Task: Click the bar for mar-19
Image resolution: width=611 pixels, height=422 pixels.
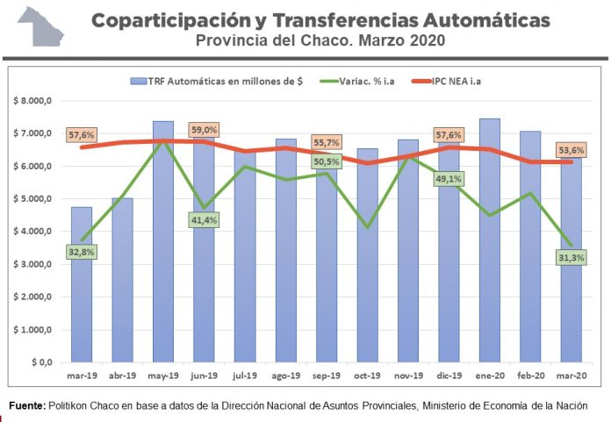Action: tap(82, 284)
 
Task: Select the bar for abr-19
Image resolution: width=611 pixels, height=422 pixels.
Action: tap(122, 280)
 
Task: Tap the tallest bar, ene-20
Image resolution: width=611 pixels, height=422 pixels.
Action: tap(490, 240)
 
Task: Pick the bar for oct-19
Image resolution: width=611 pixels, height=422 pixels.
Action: tap(368, 255)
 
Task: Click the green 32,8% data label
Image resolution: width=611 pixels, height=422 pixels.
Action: tap(82, 253)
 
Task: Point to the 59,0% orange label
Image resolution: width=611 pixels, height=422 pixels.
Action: tap(205, 130)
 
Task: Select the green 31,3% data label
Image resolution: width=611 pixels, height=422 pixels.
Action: tap(571, 257)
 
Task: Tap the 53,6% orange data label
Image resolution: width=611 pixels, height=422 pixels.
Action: tap(571, 150)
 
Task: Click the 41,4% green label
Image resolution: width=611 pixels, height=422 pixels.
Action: tap(205, 220)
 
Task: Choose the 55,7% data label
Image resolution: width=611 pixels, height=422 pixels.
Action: tap(327, 142)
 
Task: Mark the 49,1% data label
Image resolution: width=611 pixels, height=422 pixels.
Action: tap(449, 179)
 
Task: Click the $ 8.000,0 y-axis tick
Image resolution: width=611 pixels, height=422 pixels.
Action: tap(32, 101)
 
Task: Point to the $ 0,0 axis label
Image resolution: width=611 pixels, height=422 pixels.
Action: tap(42, 362)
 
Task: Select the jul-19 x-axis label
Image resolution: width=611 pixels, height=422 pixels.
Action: tap(245, 376)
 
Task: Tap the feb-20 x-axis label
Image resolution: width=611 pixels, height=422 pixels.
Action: tap(531, 376)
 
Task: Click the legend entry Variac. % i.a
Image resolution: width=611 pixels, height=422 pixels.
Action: tap(357, 81)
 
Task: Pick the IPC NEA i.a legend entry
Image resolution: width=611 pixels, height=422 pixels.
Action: tap(447, 81)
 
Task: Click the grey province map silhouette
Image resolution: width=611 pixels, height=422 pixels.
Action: tap(40, 26)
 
